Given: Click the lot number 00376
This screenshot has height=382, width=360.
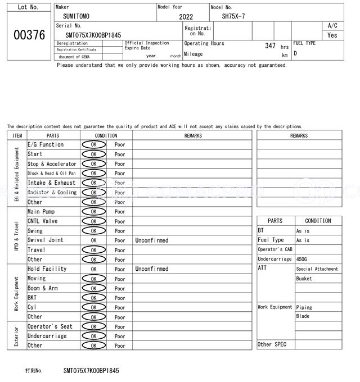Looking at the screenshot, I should (29, 35).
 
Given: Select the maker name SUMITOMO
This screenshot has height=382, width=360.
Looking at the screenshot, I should (76, 16).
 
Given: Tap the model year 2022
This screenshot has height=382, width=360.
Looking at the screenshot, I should (186, 17).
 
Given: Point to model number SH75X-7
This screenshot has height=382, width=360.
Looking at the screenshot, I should (233, 16).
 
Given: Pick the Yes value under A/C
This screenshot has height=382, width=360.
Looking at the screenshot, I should (332, 35).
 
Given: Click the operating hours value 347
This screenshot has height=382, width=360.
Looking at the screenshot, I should (270, 46).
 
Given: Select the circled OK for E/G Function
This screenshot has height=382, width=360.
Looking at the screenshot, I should (93, 144).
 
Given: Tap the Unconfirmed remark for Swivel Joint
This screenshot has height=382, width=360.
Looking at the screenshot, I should (151, 240).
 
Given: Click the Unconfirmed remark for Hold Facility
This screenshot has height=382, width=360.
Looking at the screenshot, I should (151, 269).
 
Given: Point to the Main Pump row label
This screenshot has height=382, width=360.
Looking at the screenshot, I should (41, 212).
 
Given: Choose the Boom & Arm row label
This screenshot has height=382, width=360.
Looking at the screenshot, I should (43, 288).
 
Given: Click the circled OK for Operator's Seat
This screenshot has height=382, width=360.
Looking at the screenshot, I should (93, 326).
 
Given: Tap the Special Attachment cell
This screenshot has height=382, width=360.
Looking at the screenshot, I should (317, 269).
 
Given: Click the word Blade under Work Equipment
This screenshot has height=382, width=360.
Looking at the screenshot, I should (303, 316).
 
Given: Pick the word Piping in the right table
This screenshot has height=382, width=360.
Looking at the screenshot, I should (304, 307).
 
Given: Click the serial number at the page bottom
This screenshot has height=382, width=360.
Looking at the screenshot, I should (91, 371).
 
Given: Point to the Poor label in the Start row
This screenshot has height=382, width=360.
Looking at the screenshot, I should (120, 154).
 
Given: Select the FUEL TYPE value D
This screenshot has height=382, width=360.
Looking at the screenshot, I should (295, 54).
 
